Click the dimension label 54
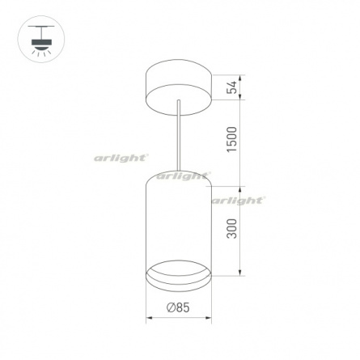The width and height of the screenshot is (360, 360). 232,87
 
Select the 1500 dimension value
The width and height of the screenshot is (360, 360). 232,139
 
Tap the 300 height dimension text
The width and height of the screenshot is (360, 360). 232,229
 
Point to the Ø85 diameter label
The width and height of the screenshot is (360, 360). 178,307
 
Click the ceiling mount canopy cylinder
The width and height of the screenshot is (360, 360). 179,87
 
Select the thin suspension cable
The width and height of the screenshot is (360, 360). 178,135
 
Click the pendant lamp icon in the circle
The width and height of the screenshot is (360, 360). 41,40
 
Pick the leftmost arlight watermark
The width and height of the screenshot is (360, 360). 121,158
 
